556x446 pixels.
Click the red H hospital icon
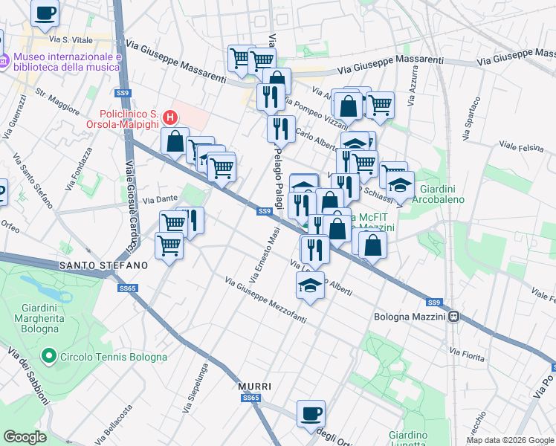[x=170, y=117]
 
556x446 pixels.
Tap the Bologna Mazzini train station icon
[x=452, y=317]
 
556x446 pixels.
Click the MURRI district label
[x=254, y=387]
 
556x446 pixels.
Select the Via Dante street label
[x=160, y=199]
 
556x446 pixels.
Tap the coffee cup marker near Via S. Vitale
[x=46, y=13]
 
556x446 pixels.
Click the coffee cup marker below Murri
[x=311, y=414]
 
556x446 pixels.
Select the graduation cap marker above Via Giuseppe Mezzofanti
[x=311, y=285]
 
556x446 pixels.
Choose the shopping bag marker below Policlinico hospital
[x=175, y=141]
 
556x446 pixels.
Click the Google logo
[x=25, y=437]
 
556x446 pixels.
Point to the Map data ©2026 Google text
[x=509, y=440]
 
